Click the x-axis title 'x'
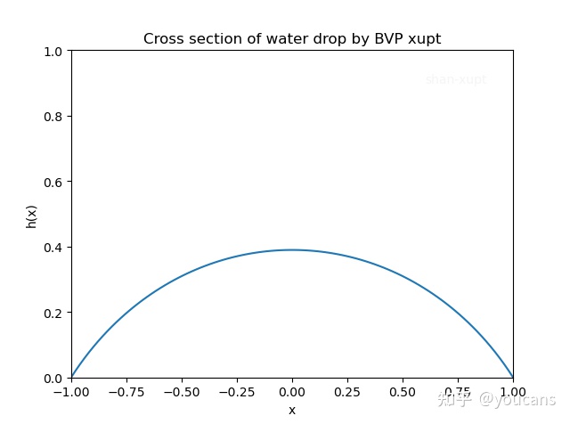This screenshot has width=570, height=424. click(292, 411)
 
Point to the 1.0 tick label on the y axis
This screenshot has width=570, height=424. click(53, 52)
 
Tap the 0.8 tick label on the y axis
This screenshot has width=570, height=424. click(53, 117)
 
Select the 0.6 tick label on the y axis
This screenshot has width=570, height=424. click(53, 182)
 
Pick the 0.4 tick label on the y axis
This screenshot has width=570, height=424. click(53, 247)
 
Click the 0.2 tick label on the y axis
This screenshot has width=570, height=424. click(53, 313)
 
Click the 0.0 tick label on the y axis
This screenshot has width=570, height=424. click(53, 378)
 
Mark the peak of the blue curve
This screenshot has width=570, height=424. click(292, 249)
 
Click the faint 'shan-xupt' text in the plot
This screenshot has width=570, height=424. click(456, 79)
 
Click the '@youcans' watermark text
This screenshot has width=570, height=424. click(517, 400)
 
